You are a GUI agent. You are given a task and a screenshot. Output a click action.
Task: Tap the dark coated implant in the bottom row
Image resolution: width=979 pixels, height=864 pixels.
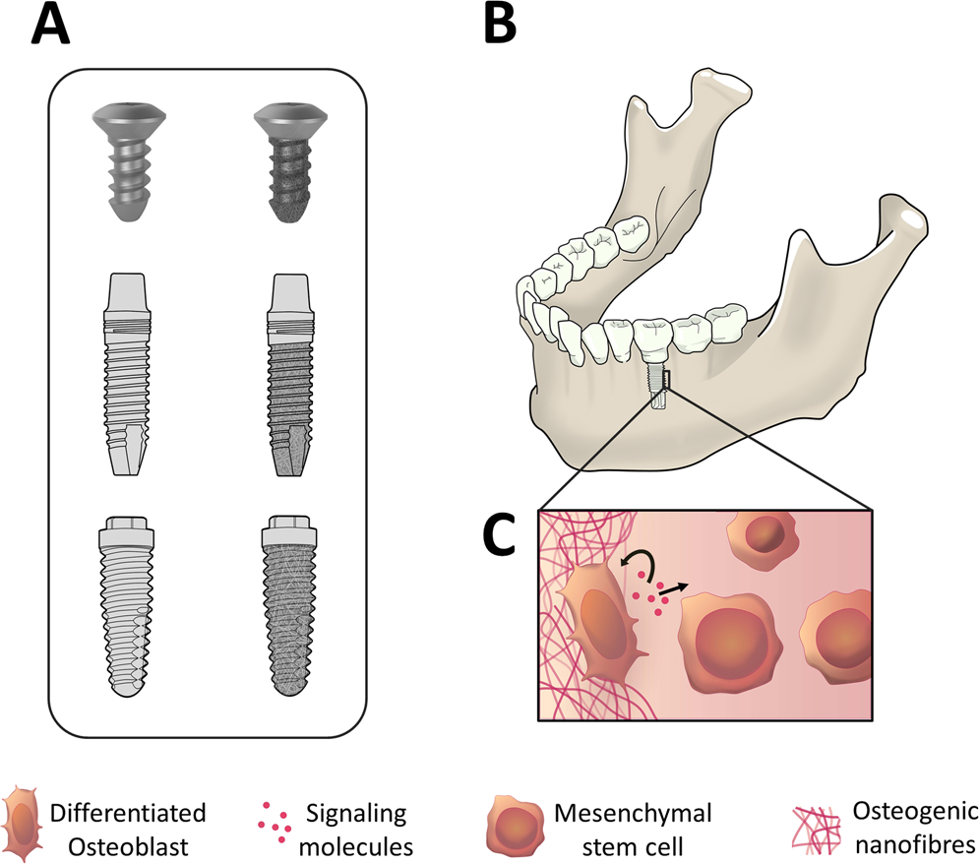click(x=290, y=606)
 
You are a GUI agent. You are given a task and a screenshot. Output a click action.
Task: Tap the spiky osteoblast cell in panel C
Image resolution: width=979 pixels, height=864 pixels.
click(x=600, y=620)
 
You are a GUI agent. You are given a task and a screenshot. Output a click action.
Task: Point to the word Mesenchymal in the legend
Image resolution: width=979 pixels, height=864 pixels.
click(x=633, y=813)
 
